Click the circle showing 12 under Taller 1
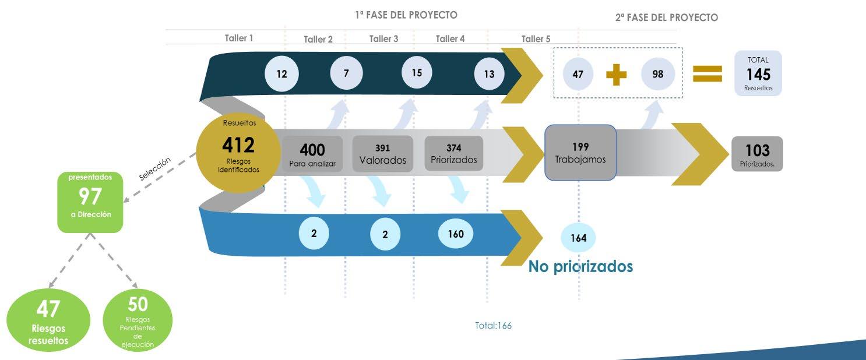[x=281, y=74]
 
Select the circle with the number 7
[x=346, y=73]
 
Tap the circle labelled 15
[x=417, y=73]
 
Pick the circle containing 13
[x=489, y=74]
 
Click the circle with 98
[x=657, y=74]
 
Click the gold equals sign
[x=707, y=73]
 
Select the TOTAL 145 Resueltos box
[x=758, y=73]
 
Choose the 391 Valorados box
[x=382, y=154]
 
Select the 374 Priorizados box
[x=453, y=154]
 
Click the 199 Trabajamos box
[x=580, y=153]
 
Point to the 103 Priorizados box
[x=757, y=154]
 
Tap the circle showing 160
[x=456, y=234]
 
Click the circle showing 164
[x=578, y=238]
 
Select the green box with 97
[x=90, y=202]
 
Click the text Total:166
[x=493, y=326]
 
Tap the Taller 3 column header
[x=383, y=39]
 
